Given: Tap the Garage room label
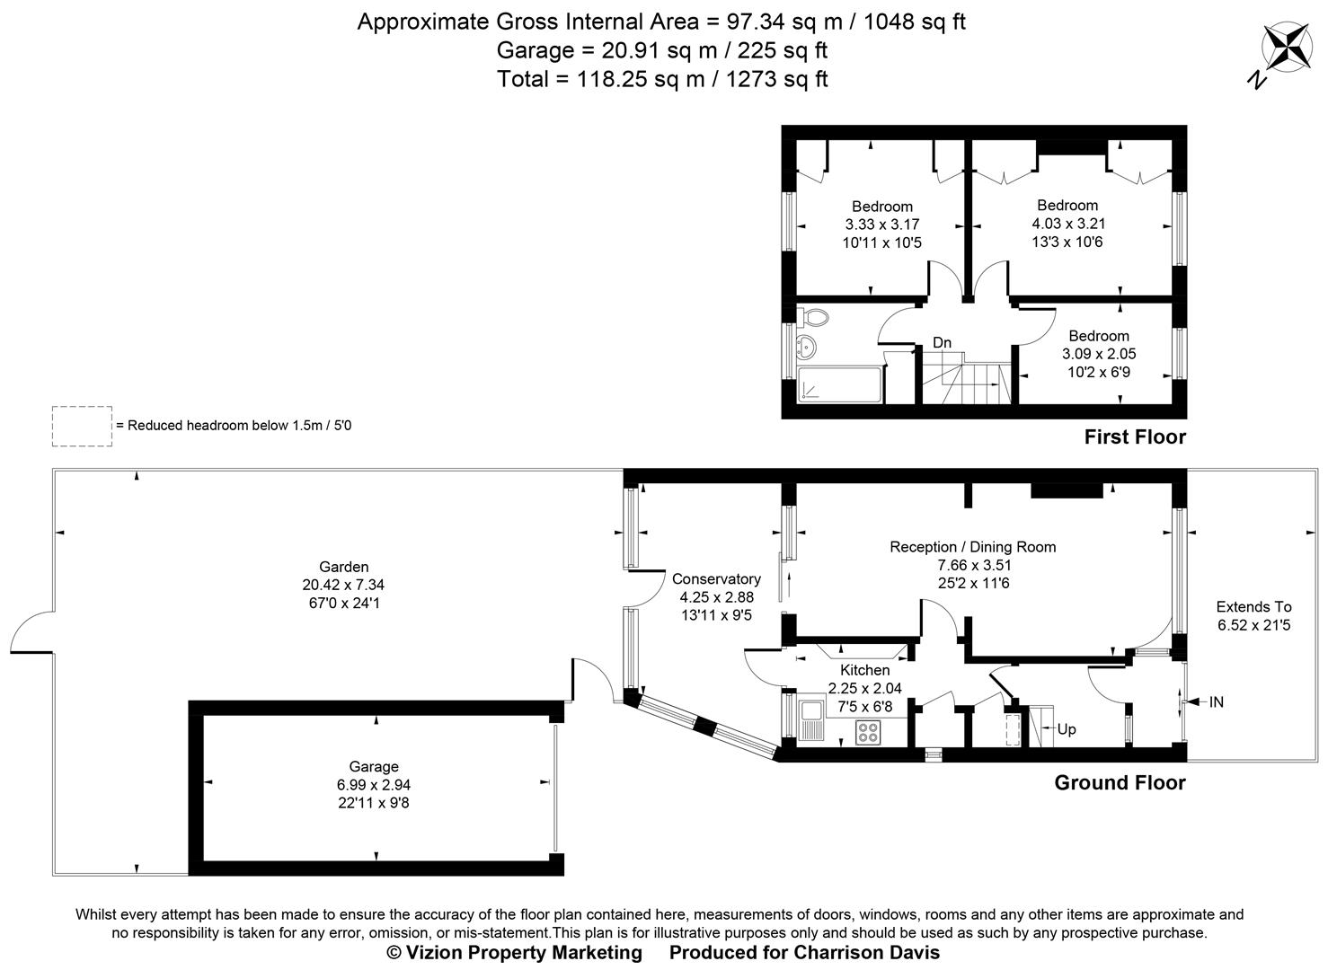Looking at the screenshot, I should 374,766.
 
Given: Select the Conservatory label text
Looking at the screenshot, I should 716,579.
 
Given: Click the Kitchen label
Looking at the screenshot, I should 864,670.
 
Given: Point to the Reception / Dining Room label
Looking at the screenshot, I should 972,547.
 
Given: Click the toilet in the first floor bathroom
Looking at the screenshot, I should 814,317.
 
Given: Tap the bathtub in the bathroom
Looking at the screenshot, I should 838,384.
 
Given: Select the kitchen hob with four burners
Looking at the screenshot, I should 868,731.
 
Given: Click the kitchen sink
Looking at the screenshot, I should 812,719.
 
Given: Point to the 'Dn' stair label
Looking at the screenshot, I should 942,342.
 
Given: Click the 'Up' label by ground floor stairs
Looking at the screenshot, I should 1066,729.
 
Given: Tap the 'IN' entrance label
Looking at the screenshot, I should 1216,702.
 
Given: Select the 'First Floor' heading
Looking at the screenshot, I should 1135,437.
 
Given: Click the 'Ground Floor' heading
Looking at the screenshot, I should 1120,783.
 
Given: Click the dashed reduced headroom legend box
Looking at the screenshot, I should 82,426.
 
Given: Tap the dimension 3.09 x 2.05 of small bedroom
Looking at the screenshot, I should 1099,354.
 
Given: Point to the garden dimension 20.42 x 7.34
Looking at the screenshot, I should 343,585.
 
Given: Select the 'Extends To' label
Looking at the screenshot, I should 1253,606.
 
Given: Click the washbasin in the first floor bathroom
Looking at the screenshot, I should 806,345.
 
